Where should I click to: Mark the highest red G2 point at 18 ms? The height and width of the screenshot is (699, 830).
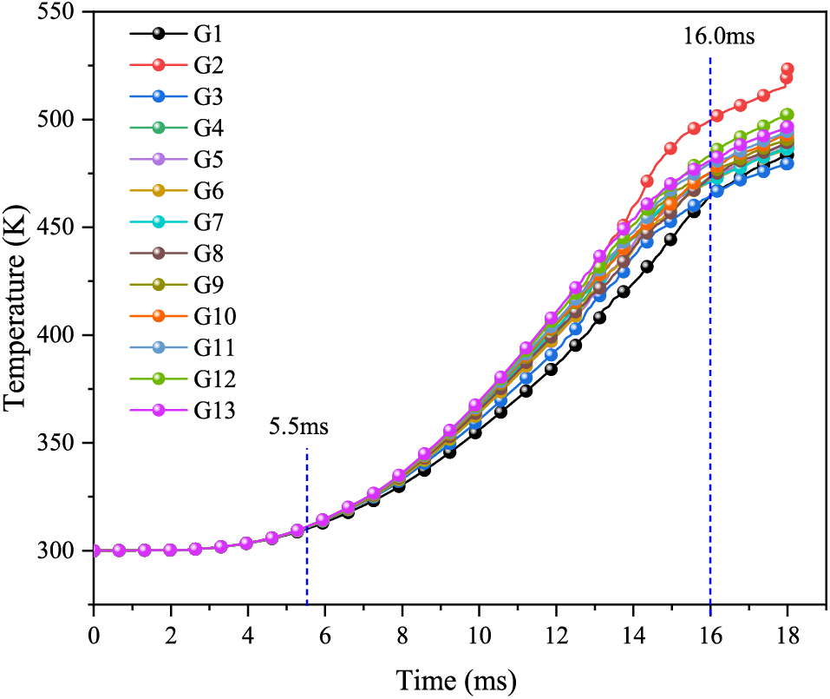(x=788, y=69)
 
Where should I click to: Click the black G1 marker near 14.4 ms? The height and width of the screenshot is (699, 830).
(x=647, y=267)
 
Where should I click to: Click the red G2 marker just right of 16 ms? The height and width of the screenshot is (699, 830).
(x=716, y=115)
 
